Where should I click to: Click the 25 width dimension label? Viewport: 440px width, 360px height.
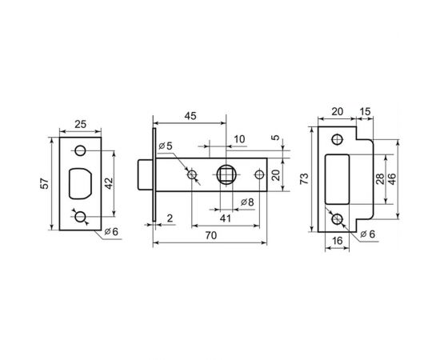point(80,124)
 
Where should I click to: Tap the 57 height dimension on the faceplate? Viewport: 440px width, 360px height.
point(45,183)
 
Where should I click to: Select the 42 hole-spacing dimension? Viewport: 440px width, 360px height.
point(108,183)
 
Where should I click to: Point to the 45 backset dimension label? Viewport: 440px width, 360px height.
point(190,116)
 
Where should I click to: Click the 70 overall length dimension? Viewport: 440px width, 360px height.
point(211,235)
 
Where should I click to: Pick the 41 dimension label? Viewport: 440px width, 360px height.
point(225,218)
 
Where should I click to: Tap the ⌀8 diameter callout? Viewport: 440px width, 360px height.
point(247,202)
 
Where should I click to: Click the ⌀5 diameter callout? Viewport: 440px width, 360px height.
point(165,146)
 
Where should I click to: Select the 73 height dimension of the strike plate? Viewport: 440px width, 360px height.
point(304,179)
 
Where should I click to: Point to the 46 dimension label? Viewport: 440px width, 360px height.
point(391,179)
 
